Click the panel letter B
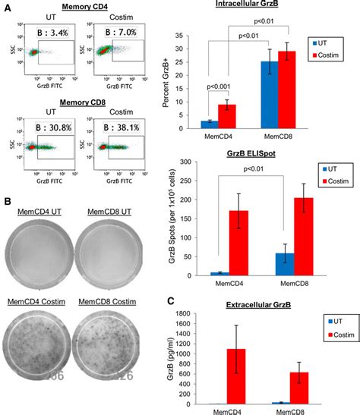[x=6, y=182]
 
